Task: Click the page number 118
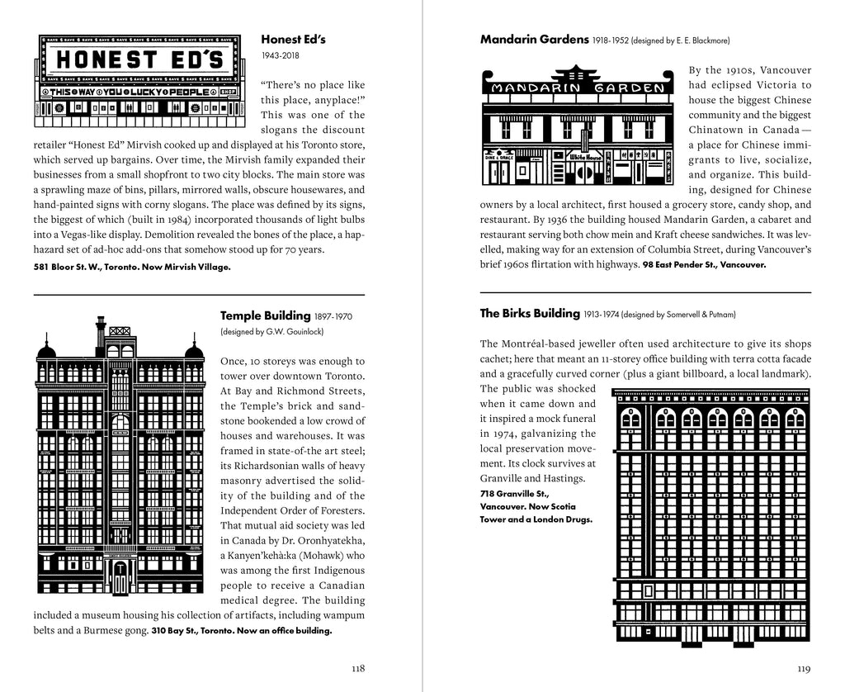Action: click(356, 668)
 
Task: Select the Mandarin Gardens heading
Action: click(534, 39)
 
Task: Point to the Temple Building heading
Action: click(264, 315)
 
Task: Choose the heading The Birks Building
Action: click(530, 313)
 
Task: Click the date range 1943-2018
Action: click(279, 56)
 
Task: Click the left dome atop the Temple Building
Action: click(47, 351)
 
